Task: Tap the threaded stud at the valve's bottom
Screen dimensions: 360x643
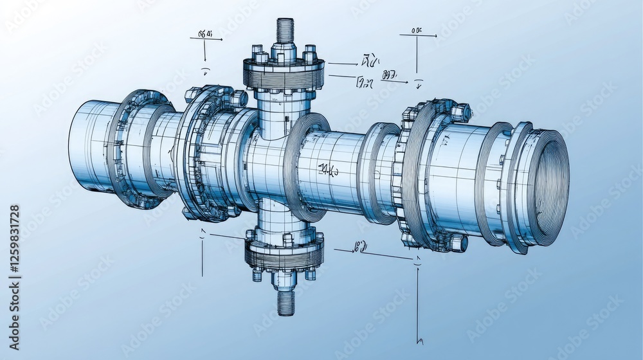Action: [x=285, y=303]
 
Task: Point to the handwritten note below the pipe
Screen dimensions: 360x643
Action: [x=360, y=246]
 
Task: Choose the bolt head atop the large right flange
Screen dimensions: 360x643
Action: [x=460, y=113]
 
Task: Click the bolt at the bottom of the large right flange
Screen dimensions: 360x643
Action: [x=457, y=242]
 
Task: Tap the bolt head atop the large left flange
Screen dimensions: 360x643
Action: [x=238, y=98]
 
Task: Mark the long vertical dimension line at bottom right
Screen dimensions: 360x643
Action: [x=418, y=302]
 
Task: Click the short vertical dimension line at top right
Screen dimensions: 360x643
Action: [x=416, y=55]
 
